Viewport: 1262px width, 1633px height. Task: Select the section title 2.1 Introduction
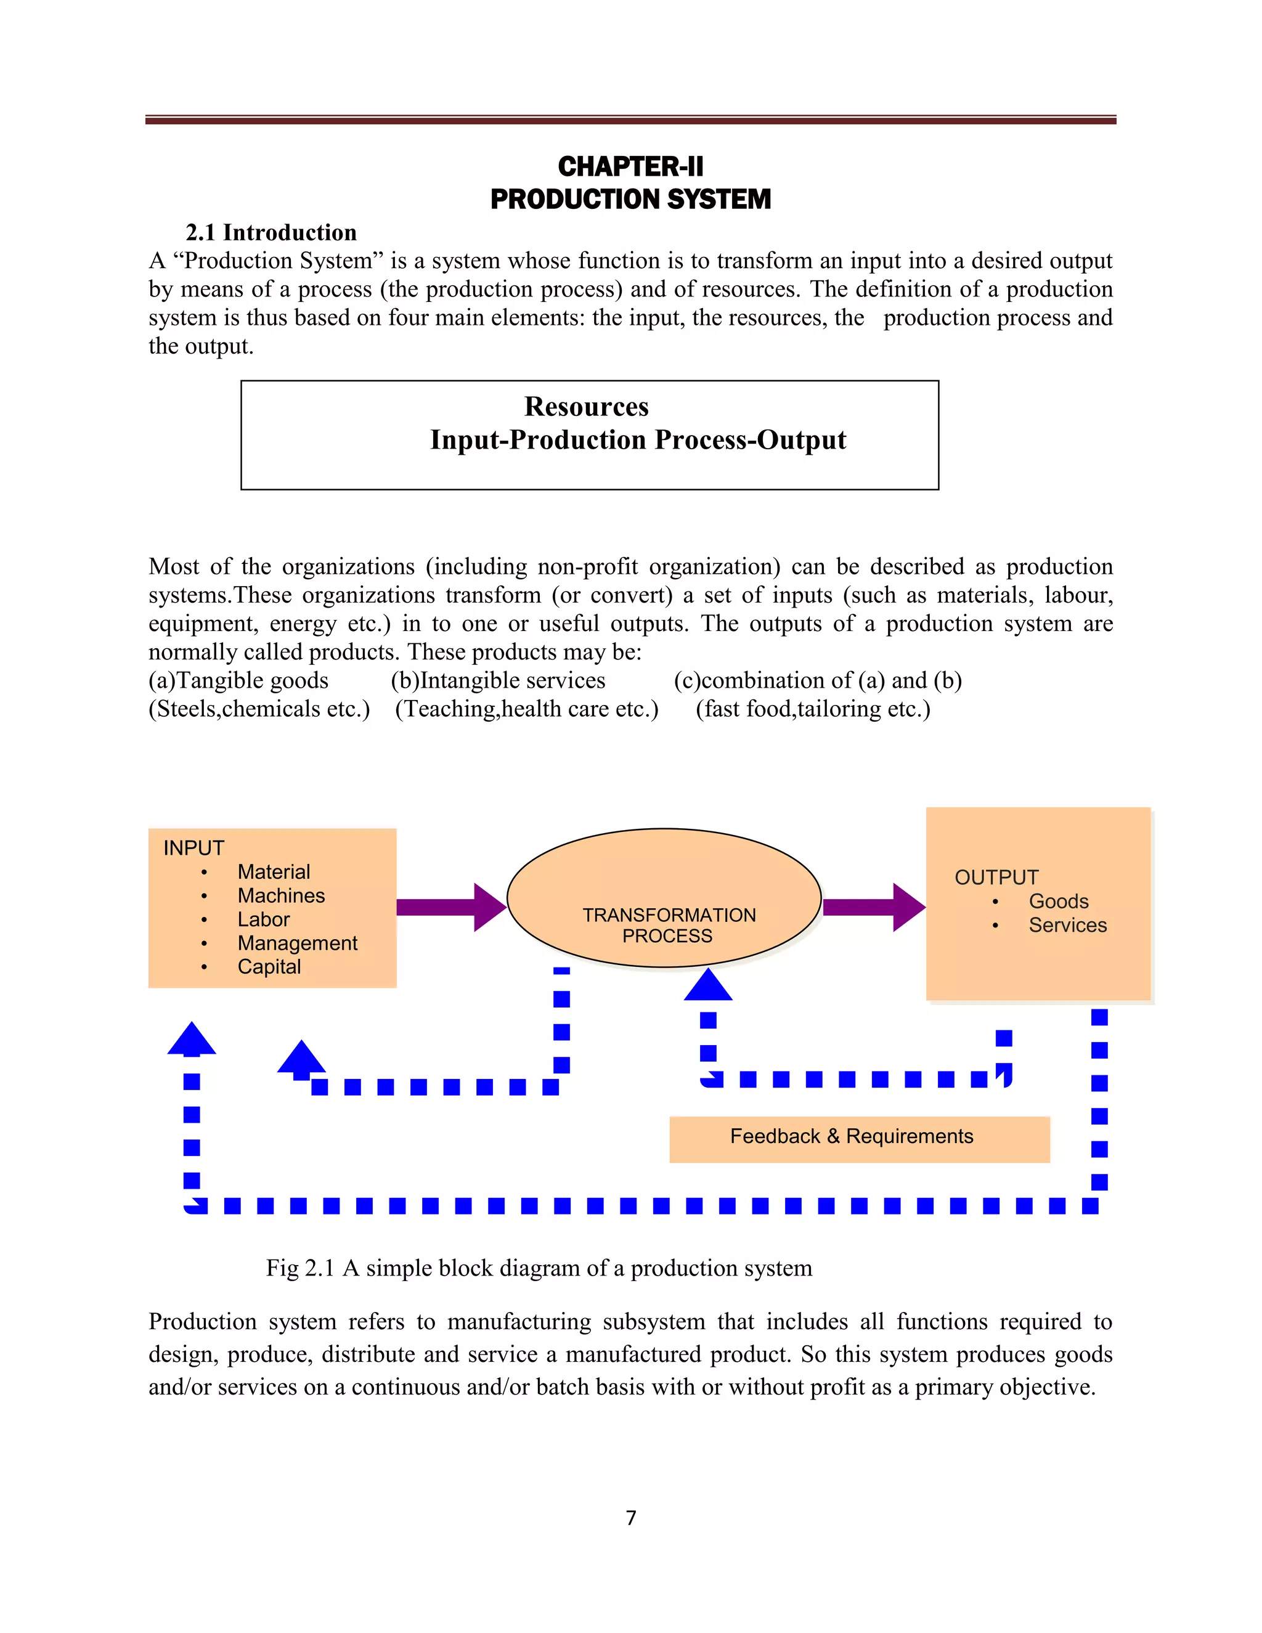(271, 232)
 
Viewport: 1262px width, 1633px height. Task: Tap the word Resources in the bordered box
(586, 406)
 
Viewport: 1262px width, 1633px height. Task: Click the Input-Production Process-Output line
(638, 439)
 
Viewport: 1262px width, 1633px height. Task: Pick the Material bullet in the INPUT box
(274, 872)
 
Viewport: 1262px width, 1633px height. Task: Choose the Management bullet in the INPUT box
(297, 943)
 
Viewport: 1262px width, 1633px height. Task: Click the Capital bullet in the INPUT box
(269, 967)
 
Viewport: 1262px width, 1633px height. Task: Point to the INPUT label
(193, 848)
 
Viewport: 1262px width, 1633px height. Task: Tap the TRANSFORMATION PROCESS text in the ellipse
(669, 925)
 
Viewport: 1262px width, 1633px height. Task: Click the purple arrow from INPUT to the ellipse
(451, 907)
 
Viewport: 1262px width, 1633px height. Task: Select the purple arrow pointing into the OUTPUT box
(873, 907)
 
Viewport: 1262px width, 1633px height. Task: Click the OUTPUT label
(996, 877)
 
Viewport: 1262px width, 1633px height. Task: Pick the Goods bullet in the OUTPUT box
(1058, 901)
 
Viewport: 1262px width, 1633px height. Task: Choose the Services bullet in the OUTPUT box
(1067, 925)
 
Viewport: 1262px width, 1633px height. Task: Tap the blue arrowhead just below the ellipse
(708, 986)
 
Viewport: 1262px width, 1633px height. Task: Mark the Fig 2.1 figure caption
(539, 1268)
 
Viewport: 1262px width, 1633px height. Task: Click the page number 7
(631, 1517)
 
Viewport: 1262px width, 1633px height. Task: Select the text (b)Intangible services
(498, 680)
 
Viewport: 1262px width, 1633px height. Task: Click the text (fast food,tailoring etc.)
(813, 709)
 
